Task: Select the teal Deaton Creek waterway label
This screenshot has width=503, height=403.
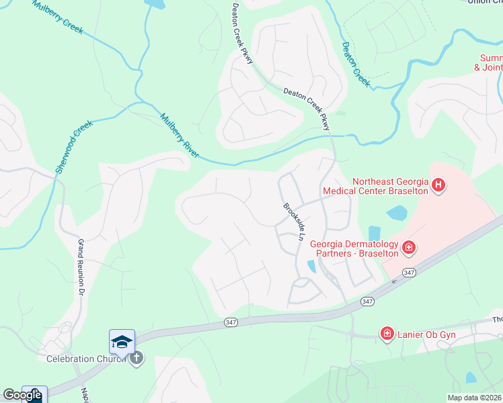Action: point(356,64)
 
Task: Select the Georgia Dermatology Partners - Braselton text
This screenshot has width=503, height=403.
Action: point(354,249)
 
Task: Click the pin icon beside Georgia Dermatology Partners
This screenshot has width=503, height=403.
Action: point(408,249)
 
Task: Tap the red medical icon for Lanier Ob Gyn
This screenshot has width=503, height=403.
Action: point(387,334)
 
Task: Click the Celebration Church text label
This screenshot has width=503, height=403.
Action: point(85,359)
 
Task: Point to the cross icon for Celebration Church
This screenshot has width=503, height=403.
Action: point(136,358)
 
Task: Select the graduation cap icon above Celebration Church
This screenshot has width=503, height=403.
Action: point(122,343)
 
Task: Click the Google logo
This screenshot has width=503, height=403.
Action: point(22,395)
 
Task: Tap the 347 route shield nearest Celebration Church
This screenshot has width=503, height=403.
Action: point(230,323)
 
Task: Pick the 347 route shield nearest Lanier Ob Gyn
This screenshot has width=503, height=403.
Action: point(367,302)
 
